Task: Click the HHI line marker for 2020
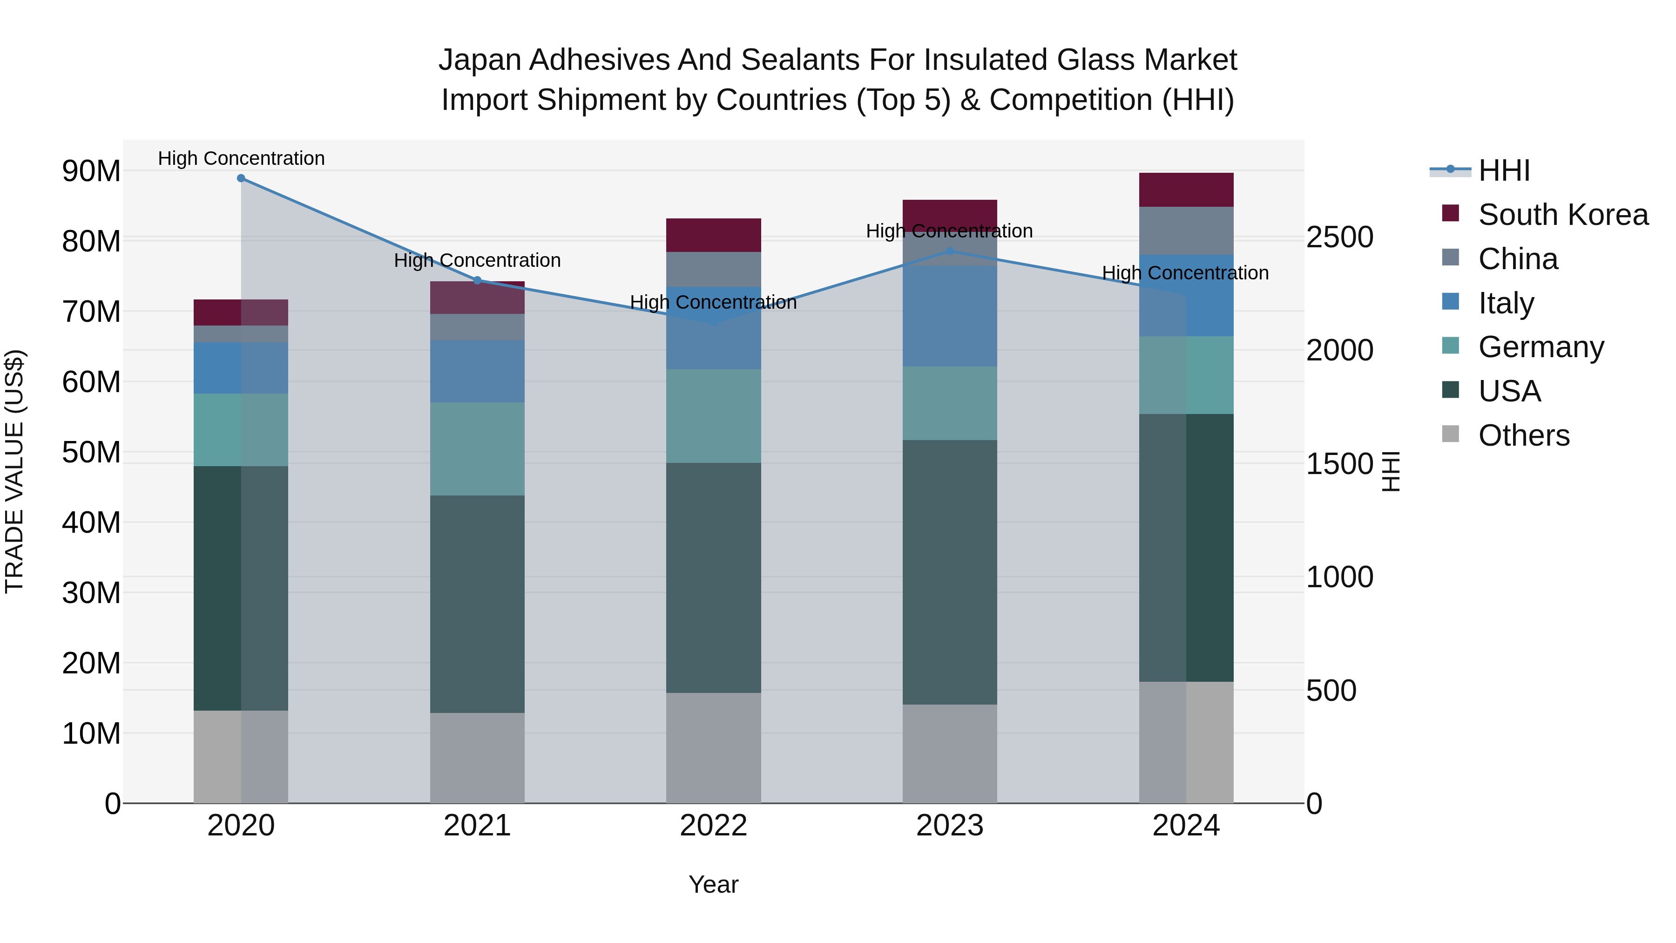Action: point(241,178)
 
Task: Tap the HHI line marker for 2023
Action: point(949,251)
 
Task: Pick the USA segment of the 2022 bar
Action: point(713,577)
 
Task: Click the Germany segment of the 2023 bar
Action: point(949,403)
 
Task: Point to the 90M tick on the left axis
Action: point(91,171)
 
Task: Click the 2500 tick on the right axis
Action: point(1339,237)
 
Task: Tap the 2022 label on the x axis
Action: point(713,826)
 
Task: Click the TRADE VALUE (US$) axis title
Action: point(14,471)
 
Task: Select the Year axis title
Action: point(713,884)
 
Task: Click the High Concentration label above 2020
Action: point(241,158)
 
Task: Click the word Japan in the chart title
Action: point(480,60)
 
